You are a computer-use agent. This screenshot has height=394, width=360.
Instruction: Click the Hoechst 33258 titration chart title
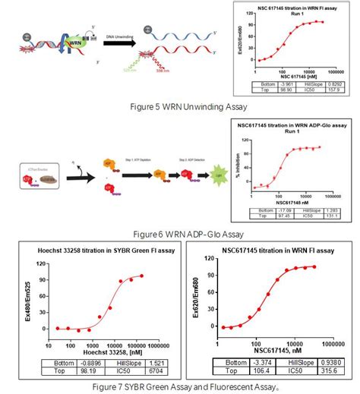tap(98, 251)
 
